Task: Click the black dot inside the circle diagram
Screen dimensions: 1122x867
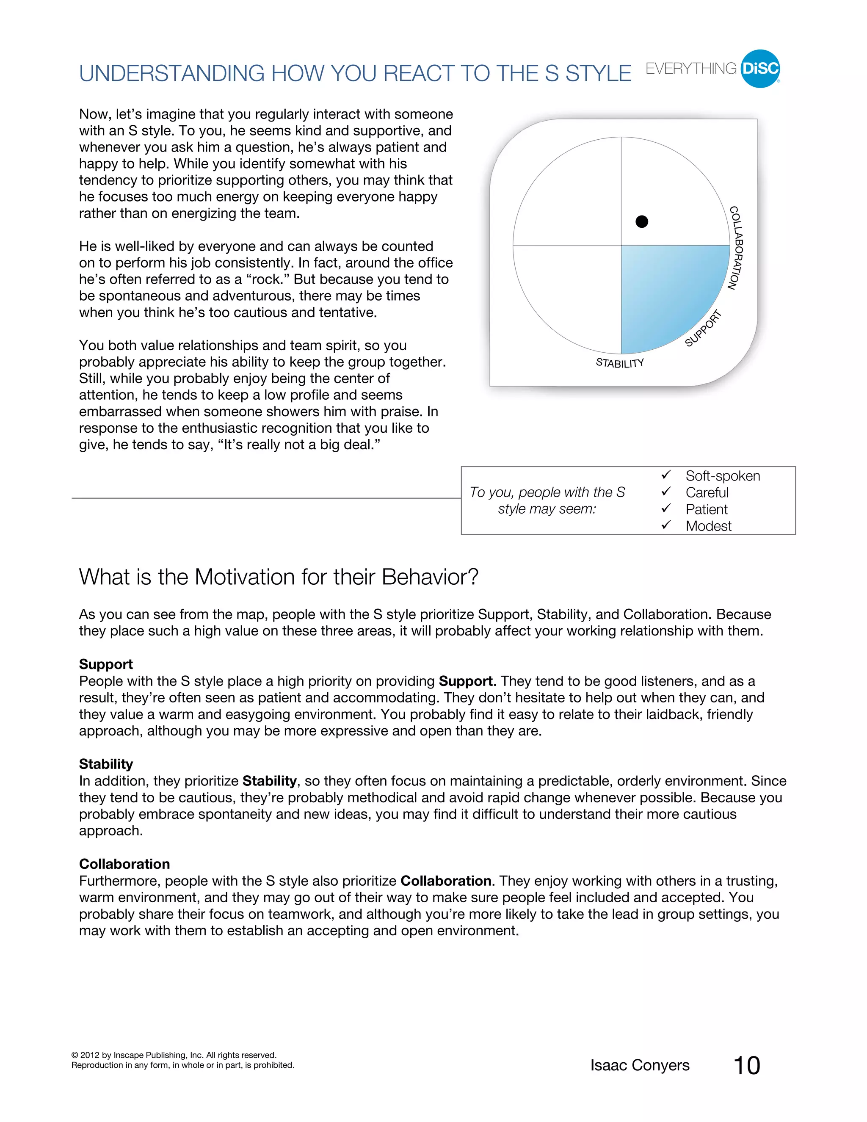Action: pyautogui.click(x=641, y=221)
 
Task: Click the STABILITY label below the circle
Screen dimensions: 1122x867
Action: pyautogui.click(x=619, y=363)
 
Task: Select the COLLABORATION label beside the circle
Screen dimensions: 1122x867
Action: pyautogui.click(x=737, y=248)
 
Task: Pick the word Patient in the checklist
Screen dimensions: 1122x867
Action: pyautogui.click(x=706, y=509)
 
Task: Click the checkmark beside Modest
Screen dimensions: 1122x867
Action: pyautogui.click(x=666, y=525)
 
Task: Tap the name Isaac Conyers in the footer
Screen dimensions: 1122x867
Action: pyautogui.click(x=640, y=1065)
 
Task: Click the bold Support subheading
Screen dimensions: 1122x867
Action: pyautogui.click(x=106, y=664)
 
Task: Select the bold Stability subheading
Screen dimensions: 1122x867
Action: pyautogui.click(x=106, y=764)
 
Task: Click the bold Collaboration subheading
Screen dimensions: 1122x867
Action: pyautogui.click(x=124, y=864)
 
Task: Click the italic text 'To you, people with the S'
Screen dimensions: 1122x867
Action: pyautogui.click(x=547, y=492)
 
